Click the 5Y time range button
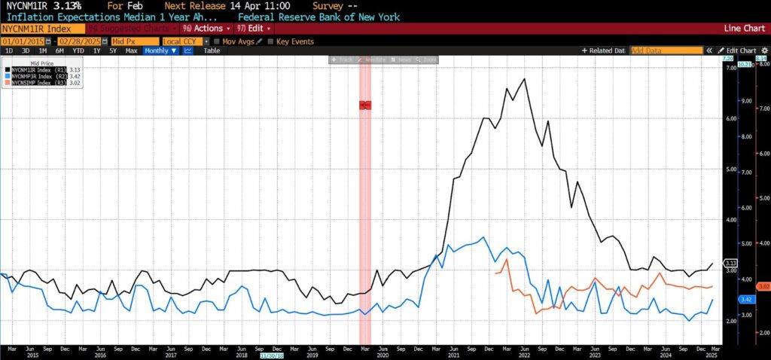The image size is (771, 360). pyautogui.click(x=113, y=50)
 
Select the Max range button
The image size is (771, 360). pyautogui.click(x=131, y=50)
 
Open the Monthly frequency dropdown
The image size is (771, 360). pyautogui.click(x=160, y=50)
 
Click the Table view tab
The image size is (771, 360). pyautogui.click(x=212, y=50)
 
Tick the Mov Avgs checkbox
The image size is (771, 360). pyautogui.click(x=217, y=41)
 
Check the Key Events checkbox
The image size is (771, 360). pyautogui.click(x=270, y=41)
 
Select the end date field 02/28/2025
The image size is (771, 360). pyautogui.click(x=80, y=41)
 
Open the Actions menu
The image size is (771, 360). pyautogui.click(x=203, y=29)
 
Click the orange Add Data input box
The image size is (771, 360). pyautogui.click(x=665, y=50)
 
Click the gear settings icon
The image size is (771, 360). pyautogui.click(x=764, y=50)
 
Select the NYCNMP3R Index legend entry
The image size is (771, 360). pyautogui.click(x=34, y=76)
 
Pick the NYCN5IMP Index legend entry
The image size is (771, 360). pyautogui.click(x=34, y=82)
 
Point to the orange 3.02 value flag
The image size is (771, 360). pyautogui.click(x=762, y=286)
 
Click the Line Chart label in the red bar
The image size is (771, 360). pyautogui.click(x=743, y=29)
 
